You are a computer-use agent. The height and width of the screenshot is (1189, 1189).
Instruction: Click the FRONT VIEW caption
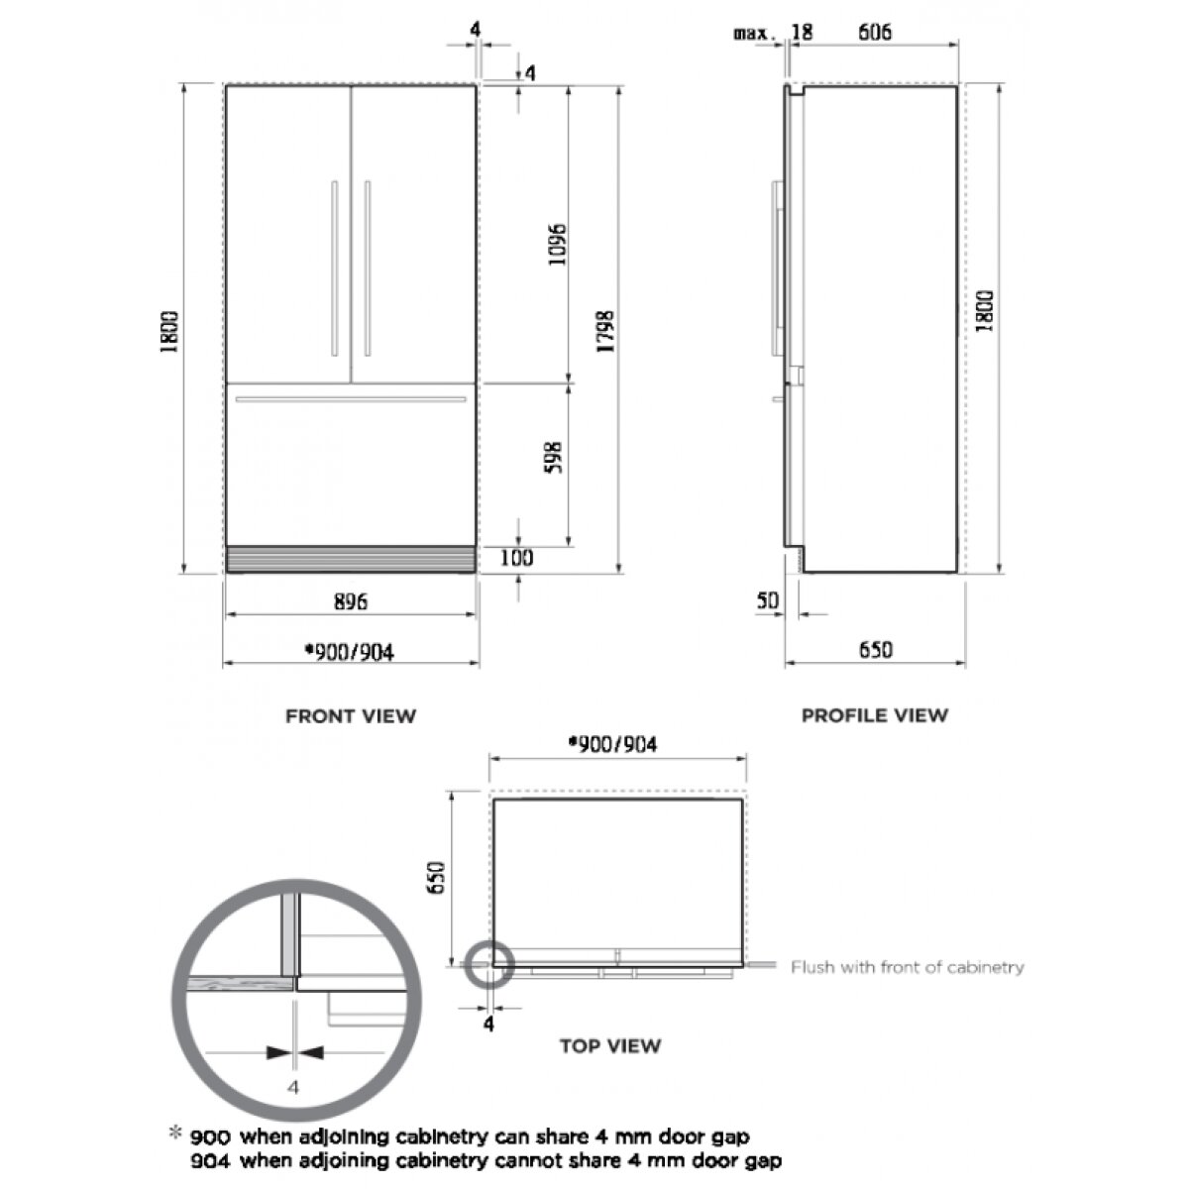(x=351, y=716)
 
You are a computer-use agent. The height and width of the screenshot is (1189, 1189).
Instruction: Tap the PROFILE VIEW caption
(x=874, y=715)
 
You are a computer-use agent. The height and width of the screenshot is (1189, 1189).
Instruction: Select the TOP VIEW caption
(x=610, y=1046)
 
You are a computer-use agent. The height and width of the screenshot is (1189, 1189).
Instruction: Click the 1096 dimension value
(x=557, y=245)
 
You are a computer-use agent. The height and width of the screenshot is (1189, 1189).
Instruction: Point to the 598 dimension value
(x=555, y=457)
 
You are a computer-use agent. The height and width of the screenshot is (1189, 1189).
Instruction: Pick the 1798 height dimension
(x=606, y=331)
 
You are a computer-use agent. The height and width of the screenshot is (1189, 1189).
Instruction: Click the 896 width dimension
(x=351, y=601)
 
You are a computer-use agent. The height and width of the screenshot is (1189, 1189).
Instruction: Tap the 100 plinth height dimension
(x=516, y=558)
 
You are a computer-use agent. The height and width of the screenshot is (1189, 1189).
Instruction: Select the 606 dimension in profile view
(x=875, y=32)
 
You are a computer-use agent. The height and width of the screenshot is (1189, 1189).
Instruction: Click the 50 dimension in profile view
(x=768, y=600)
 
